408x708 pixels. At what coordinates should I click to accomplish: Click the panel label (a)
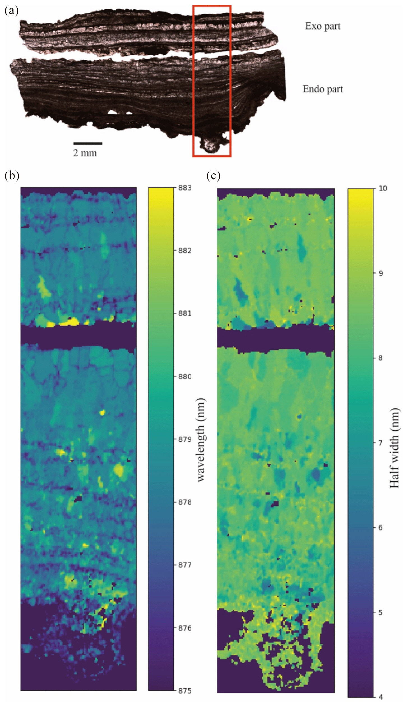pyautogui.click(x=11, y=11)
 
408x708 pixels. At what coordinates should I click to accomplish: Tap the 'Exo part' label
pyautogui.click(x=322, y=26)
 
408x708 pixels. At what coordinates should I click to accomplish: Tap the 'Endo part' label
pyautogui.click(x=322, y=89)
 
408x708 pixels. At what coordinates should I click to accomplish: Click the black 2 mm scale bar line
pyautogui.click(x=88, y=143)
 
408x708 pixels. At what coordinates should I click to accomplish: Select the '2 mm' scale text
pyautogui.click(x=85, y=153)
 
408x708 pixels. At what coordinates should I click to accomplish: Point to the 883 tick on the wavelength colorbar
pyautogui.click(x=185, y=188)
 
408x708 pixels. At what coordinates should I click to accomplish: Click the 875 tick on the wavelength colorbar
pyautogui.click(x=185, y=691)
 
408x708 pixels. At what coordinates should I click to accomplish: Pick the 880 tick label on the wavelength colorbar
pyautogui.click(x=185, y=376)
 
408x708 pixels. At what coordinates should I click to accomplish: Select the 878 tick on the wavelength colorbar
pyautogui.click(x=185, y=502)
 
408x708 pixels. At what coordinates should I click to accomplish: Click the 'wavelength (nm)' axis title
pyautogui.click(x=201, y=440)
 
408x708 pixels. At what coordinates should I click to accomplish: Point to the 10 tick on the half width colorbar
pyautogui.click(x=382, y=189)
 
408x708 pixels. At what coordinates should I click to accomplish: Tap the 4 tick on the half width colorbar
pyautogui.click(x=381, y=696)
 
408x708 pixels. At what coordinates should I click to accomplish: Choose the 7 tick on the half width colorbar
pyautogui.click(x=381, y=443)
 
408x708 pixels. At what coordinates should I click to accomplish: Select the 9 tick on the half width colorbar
pyautogui.click(x=381, y=273)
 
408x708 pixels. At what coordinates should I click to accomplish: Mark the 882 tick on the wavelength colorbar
pyautogui.click(x=185, y=250)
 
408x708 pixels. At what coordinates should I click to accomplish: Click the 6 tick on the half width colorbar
pyautogui.click(x=381, y=528)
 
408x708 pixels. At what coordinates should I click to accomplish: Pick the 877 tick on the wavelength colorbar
pyautogui.click(x=185, y=565)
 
